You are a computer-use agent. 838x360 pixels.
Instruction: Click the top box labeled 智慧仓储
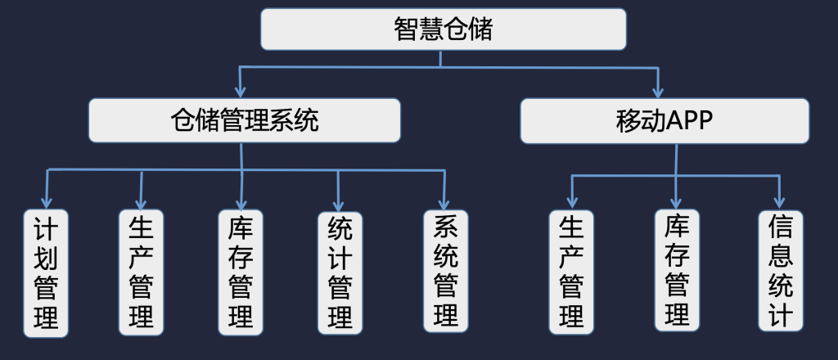tap(443, 29)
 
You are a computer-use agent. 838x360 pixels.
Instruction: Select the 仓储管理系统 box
tap(244, 120)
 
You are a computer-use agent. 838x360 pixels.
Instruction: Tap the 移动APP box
tap(664, 120)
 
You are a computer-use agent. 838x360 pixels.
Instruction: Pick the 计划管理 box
tap(46, 273)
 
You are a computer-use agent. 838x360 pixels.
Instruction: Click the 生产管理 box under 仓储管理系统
tap(141, 273)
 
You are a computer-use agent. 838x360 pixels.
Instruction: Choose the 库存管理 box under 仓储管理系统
tap(241, 273)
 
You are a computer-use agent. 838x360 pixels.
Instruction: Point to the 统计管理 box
tap(339, 273)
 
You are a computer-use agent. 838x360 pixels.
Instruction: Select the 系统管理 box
tap(445, 272)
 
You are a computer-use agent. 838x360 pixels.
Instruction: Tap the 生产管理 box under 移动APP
tap(571, 273)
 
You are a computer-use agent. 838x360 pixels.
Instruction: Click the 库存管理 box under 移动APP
tap(677, 272)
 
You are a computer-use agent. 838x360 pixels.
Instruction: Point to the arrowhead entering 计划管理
tap(47, 203)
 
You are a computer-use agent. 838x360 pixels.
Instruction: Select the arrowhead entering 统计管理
tap(337, 205)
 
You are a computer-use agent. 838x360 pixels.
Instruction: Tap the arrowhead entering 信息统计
tap(780, 202)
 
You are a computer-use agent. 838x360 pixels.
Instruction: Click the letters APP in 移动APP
tap(690, 120)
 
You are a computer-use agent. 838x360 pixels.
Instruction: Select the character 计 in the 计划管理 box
tap(46, 229)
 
